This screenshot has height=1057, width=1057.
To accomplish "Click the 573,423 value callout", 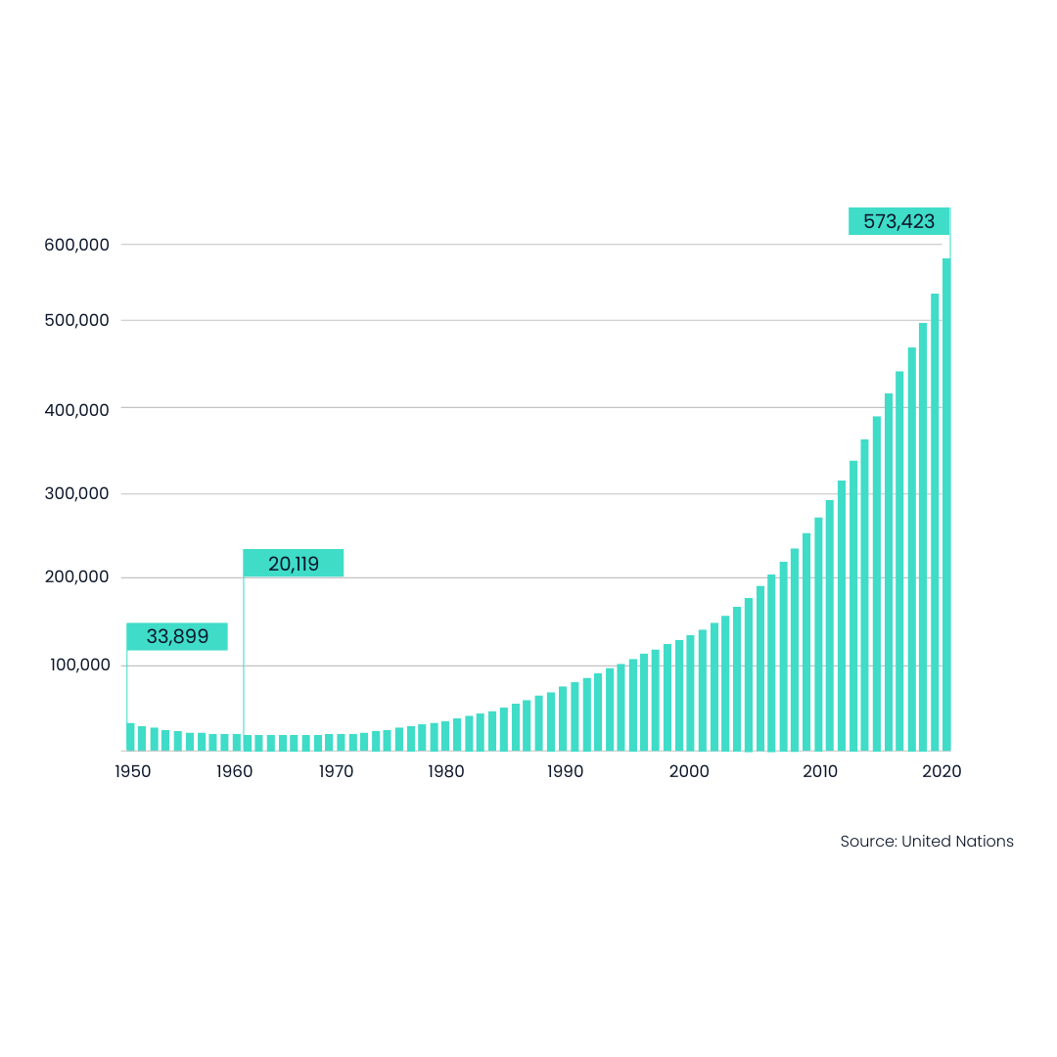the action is pyautogui.click(x=898, y=221).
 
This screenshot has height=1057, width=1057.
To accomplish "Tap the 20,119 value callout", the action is pyautogui.click(x=294, y=563).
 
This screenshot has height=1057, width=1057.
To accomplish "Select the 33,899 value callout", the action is pyautogui.click(x=177, y=636).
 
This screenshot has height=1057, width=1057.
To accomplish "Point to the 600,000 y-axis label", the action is pyautogui.click(x=77, y=245).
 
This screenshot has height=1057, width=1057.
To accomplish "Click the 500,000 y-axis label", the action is pyautogui.click(x=77, y=320).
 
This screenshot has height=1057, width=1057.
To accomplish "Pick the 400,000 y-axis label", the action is pyautogui.click(x=77, y=410).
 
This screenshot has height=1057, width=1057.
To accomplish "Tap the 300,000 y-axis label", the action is pyautogui.click(x=77, y=493).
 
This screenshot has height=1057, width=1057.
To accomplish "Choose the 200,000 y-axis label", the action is pyautogui.click(x=77, y=577).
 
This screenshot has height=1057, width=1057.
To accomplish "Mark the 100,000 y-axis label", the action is pyautogui.click(x=79, y=665).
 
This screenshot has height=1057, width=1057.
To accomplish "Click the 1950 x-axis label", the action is pyautogui.click(x=133, y=771).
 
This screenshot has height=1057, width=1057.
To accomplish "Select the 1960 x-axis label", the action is pyautogui.click(x=235, y=771).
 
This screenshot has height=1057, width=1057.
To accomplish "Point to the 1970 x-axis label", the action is pyautogui.click(x=336, y=771).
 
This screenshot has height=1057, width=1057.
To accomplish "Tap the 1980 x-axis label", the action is pyautogui.click(x=446, y=771).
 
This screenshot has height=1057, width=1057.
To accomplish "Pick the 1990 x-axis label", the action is pyautogui.click(x=565, y=771).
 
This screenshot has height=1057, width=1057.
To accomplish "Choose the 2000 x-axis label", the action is pyautogui.click(x=689, y=771).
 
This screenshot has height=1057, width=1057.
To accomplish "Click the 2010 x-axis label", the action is pyautogui.click(x=820, y=771).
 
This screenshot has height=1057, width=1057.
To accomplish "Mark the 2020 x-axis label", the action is pyautogui.click(x=942, y=771).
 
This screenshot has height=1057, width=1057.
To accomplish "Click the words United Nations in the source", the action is pyautogui.click(x=957, y=842).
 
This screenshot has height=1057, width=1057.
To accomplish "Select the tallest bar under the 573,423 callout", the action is pyautogui.click(x=946, y=504).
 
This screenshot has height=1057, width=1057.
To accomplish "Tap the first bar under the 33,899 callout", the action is pyautogui.click(x=131, y=737).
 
